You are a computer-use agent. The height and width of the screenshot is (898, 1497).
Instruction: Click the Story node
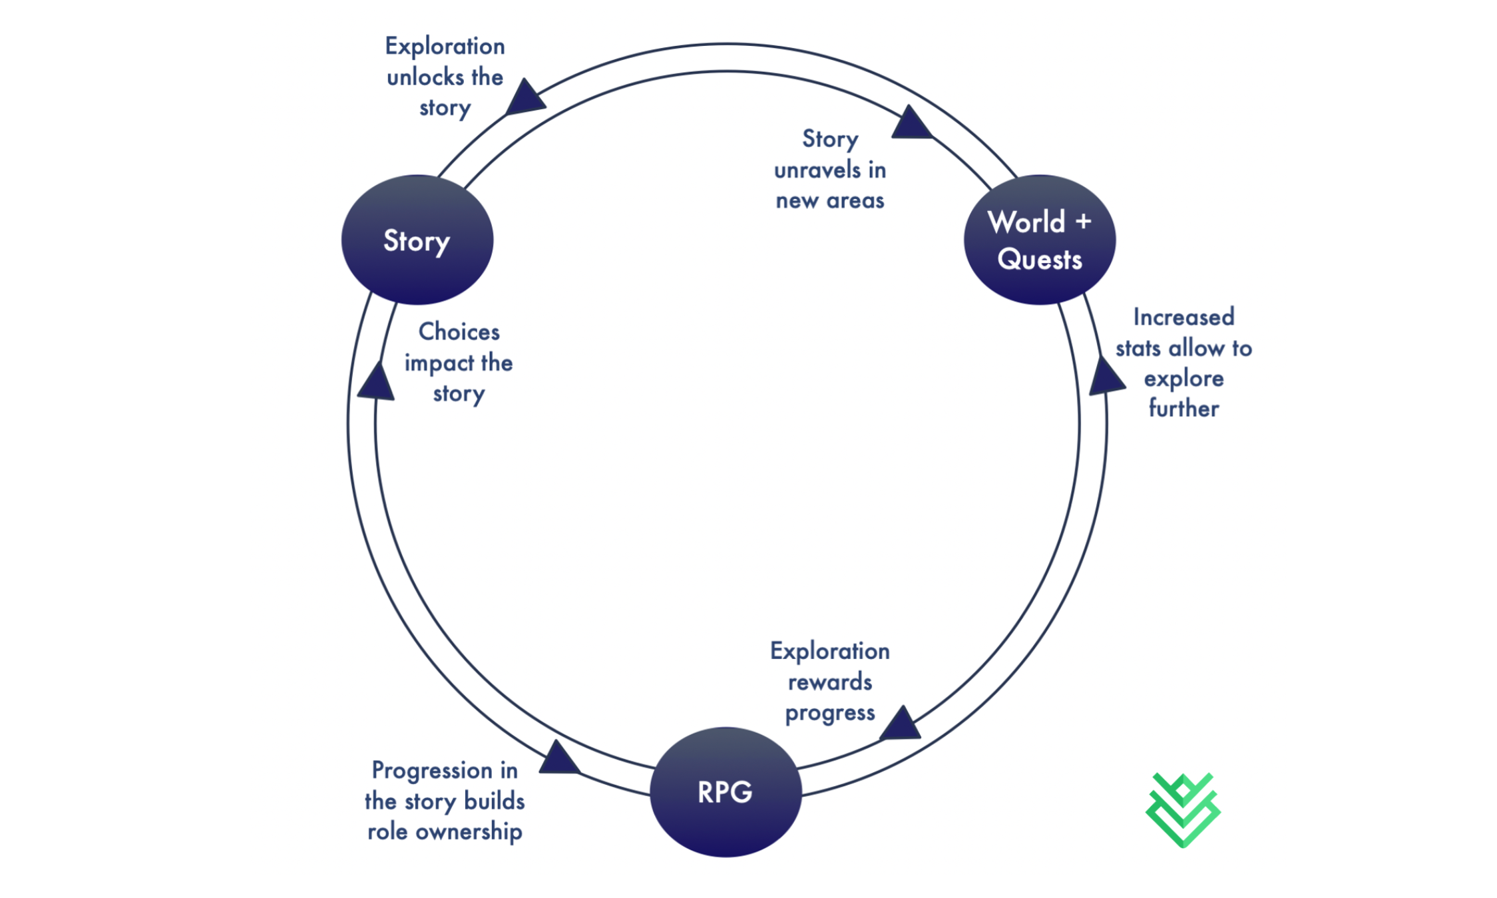[417, 240]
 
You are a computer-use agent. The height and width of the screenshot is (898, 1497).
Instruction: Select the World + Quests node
[1039, 240]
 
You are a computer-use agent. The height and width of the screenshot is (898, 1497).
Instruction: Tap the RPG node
[725, 791]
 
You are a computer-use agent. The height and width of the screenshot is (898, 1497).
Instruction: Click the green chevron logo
[1182, 810]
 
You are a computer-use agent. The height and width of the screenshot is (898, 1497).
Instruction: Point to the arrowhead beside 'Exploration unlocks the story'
[525, 99]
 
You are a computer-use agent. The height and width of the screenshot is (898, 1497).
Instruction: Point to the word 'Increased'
[1183, 317]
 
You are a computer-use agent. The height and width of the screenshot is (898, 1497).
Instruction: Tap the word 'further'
[1183, 408]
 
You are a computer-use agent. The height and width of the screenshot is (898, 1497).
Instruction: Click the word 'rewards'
[829, 682]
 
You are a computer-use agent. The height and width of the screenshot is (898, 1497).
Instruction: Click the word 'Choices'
[459, 332]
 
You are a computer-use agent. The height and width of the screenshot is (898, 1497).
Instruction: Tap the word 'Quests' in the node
[1039, 259]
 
